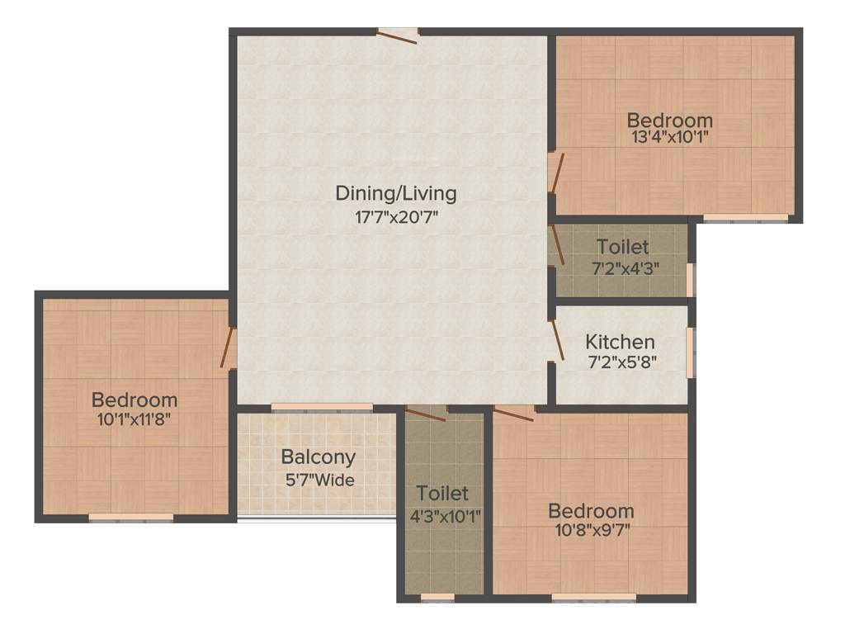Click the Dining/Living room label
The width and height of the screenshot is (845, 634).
[395, 193]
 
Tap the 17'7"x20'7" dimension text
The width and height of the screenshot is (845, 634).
[395, 220]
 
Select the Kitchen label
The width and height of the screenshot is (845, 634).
[620, 341]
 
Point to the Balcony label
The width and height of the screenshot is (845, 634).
[318, 457]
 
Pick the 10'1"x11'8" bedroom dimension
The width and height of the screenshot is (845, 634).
[134, 419]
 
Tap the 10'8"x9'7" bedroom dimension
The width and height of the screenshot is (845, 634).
[591, 530]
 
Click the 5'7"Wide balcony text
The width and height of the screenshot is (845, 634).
[318, 479]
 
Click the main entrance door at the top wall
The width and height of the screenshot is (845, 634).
[399, 34]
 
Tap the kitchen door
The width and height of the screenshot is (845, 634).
[557, 340]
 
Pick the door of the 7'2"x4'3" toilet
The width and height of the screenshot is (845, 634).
[556, 245]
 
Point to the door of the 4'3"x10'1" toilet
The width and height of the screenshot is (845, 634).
[426, 413]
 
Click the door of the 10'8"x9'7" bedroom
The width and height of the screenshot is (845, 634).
[513, 412]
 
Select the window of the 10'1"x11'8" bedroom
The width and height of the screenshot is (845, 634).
[131, 518]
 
